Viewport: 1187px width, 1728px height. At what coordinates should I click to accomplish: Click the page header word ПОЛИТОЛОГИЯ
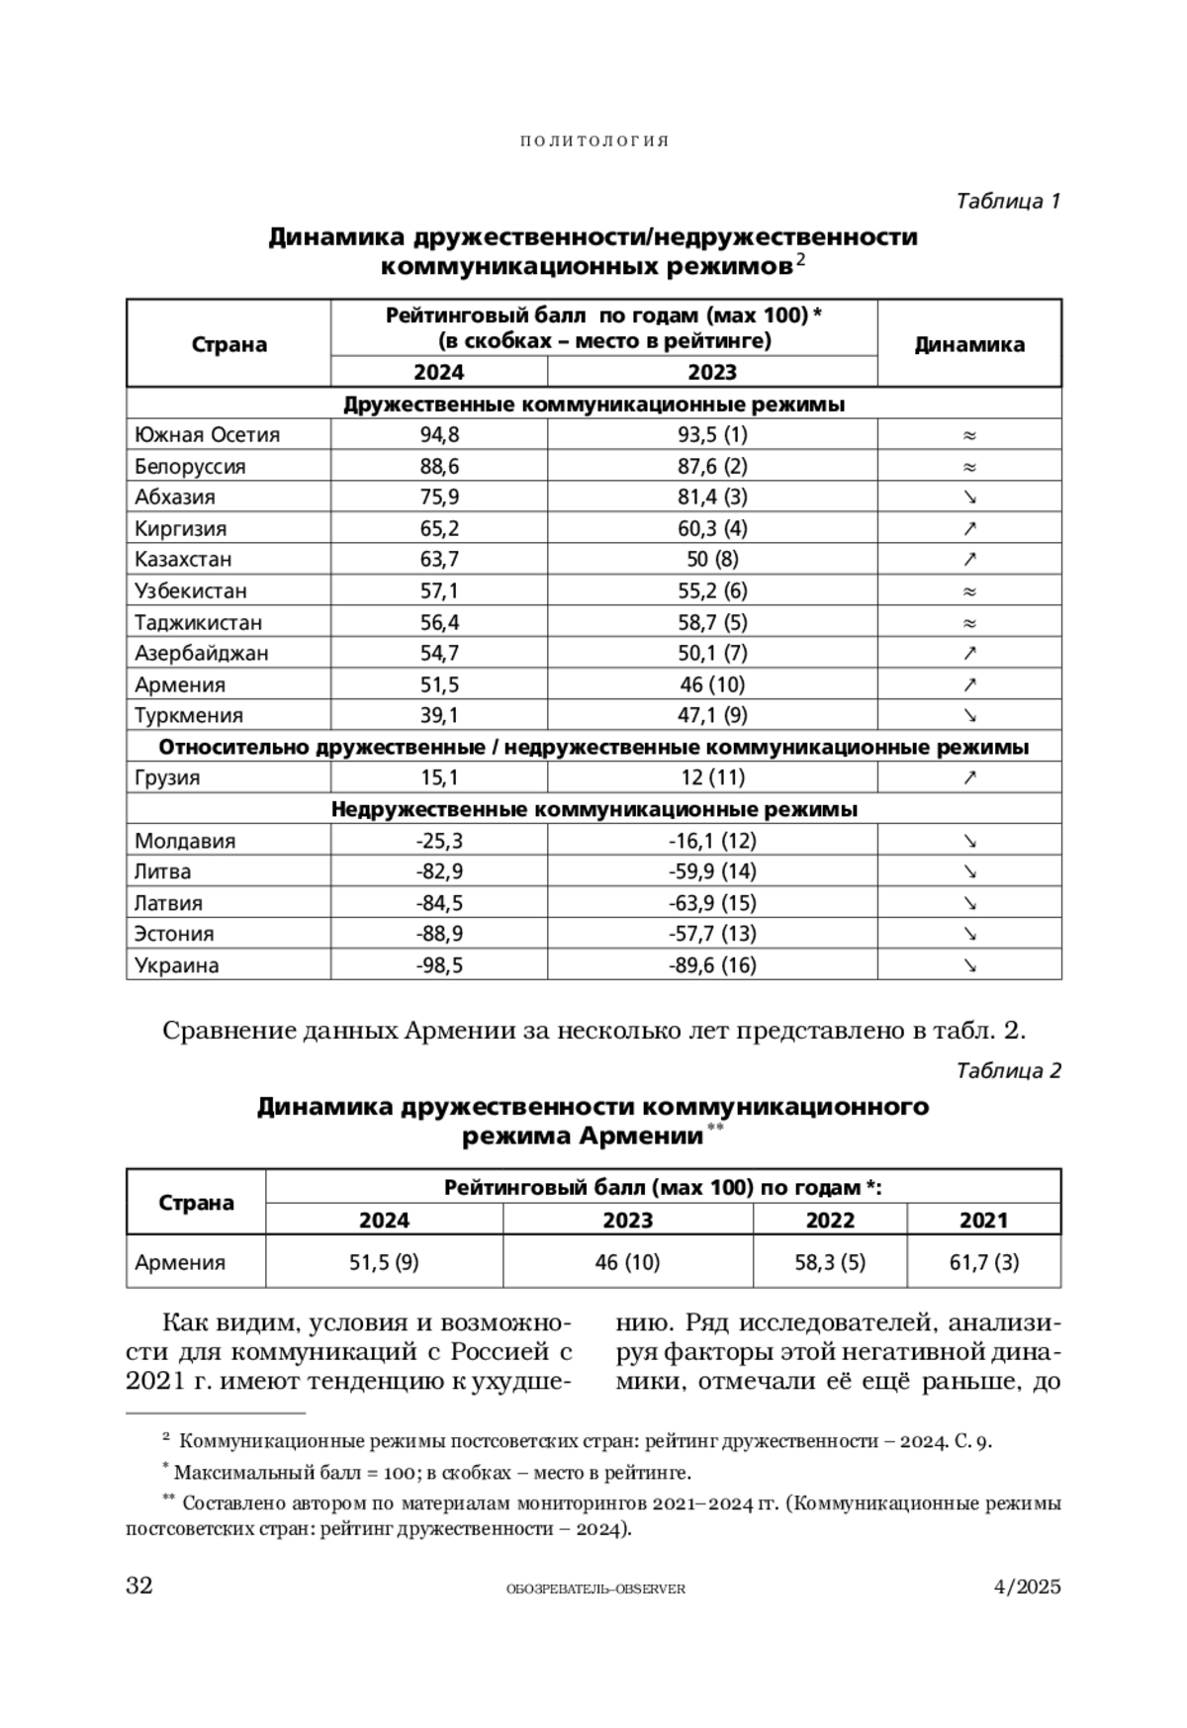pyautogui.click(x=594, y=141)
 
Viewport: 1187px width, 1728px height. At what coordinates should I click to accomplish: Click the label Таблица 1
pyautogui.click(x=1008, y=201)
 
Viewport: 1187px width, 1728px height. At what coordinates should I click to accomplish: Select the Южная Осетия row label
pyautogui.click(x=208, y=434)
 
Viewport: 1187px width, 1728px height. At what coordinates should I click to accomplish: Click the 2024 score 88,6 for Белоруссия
pyautogui.click(x=438, y=466)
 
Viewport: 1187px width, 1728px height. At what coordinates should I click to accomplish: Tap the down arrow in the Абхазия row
pyautogui.click(x=969, y=497)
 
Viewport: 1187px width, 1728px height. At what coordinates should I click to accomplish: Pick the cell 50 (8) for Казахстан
pyautogui.click(x=712, y=559)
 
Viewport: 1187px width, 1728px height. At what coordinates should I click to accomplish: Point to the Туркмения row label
pyautogui.click(x=189, y=715)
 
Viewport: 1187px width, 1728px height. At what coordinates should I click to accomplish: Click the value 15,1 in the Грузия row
pyautogui.click(x=438, y=777)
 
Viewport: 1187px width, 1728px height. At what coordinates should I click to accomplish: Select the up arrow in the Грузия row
pyautogui.click(x=969, y=777)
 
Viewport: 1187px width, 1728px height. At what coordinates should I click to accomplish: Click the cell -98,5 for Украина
pyautogui.click(x=438, y=965)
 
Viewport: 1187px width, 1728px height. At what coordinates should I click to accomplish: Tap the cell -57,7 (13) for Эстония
pyautogui.click(x=712, y=934)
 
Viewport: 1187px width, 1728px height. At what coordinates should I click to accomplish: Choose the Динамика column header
pyautogui.click(x=969, y=344)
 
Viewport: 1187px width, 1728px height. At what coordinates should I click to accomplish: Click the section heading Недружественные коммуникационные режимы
pyautogui.click(x=593, y=809)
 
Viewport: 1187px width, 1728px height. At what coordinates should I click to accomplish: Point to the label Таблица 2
pyautogui.click(x=1008, y=1070)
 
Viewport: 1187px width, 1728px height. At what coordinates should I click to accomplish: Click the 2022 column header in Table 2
pyautogui.click(x=829, y=1220)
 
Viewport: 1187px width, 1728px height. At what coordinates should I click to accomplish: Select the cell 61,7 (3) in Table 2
pyautogui.click(x=983, y=1262)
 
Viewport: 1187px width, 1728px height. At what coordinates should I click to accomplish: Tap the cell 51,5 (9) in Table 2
pyautogui.click(x=384, y=1262)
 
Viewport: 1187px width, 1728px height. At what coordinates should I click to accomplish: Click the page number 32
pyautogui.click(x=139, y=1586)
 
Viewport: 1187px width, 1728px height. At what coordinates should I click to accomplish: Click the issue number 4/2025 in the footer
pyautogui.click(x=1027, y=1587)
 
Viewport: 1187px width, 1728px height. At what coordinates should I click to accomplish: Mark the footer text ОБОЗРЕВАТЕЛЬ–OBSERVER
pyautogui.click(x=594, y=1589)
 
